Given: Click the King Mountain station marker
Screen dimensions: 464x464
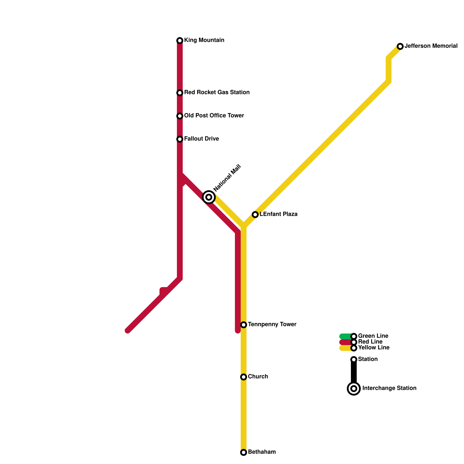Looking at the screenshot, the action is coord(180,41).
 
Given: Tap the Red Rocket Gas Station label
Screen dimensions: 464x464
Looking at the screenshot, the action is coord(217,93).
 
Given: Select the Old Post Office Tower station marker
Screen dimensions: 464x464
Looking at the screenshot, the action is coord(180,116).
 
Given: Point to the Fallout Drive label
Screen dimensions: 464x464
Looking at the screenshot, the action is coord(201,139).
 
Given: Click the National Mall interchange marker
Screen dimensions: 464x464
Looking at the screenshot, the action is coord(209,197).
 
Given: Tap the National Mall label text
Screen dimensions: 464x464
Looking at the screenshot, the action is coord(227,178).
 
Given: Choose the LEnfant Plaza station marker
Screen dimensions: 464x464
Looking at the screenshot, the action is coord(255,215).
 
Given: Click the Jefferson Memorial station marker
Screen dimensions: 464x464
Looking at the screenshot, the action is coord(400,46).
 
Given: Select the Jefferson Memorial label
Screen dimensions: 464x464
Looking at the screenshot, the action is coord(431,46).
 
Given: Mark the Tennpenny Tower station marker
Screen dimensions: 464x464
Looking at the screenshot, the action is coord(244,325).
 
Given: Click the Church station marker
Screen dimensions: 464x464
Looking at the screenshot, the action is coord(244,377).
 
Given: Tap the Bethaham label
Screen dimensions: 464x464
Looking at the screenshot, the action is coord(262,452).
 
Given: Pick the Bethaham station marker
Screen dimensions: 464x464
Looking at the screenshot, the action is coord(244,452).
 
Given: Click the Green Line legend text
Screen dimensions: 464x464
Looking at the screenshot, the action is coord(373,336).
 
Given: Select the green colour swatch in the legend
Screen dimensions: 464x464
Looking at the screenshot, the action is coord(345,336).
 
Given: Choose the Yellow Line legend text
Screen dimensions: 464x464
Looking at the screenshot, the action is coord(374,348).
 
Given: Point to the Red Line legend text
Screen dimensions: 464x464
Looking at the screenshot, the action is coord(370,342).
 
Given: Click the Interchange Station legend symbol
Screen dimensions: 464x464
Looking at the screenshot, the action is coord(354,389).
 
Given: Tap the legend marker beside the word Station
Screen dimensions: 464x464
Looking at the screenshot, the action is coord(354,360).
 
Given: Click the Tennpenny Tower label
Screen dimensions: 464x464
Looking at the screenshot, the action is coord(272,325).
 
